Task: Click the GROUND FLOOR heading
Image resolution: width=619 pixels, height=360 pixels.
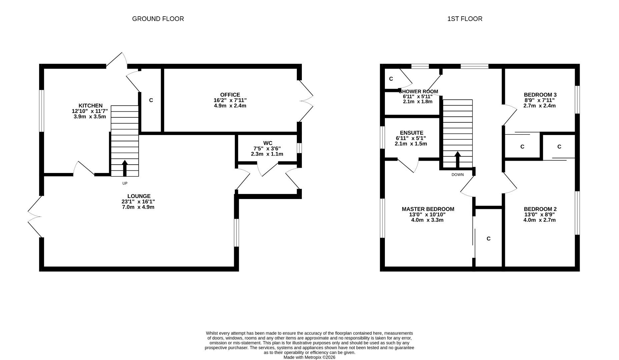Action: point(158,19)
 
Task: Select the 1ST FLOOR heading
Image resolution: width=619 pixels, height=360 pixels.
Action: point(465,19)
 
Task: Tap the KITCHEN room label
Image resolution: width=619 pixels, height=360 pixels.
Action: point(90,106)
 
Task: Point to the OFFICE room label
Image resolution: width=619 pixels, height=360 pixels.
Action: point(230,95)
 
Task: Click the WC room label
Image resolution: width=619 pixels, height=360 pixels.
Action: point(268,143)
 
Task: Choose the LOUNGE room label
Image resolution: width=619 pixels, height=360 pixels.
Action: point(139,196)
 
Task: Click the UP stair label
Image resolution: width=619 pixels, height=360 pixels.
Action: point(125,183)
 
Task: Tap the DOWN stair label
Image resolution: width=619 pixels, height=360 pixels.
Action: point(458,175)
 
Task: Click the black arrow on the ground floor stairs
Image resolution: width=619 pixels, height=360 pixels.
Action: point(125,168)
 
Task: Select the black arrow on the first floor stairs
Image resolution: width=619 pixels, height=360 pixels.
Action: point(458,160)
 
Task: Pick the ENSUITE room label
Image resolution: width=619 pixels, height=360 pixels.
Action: point(412,133)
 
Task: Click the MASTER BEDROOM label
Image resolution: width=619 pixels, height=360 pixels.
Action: point(428,209)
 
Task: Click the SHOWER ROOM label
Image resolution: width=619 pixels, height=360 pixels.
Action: point(418,91)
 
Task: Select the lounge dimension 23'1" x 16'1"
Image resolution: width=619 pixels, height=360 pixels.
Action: point(138,202)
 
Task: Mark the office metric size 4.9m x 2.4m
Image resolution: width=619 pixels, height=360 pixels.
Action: point(230,106)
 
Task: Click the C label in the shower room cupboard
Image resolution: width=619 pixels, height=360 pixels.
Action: point(391,79)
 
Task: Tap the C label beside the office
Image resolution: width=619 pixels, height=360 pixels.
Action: point(151,100)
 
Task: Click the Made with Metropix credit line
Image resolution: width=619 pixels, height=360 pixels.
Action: point(309,357)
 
